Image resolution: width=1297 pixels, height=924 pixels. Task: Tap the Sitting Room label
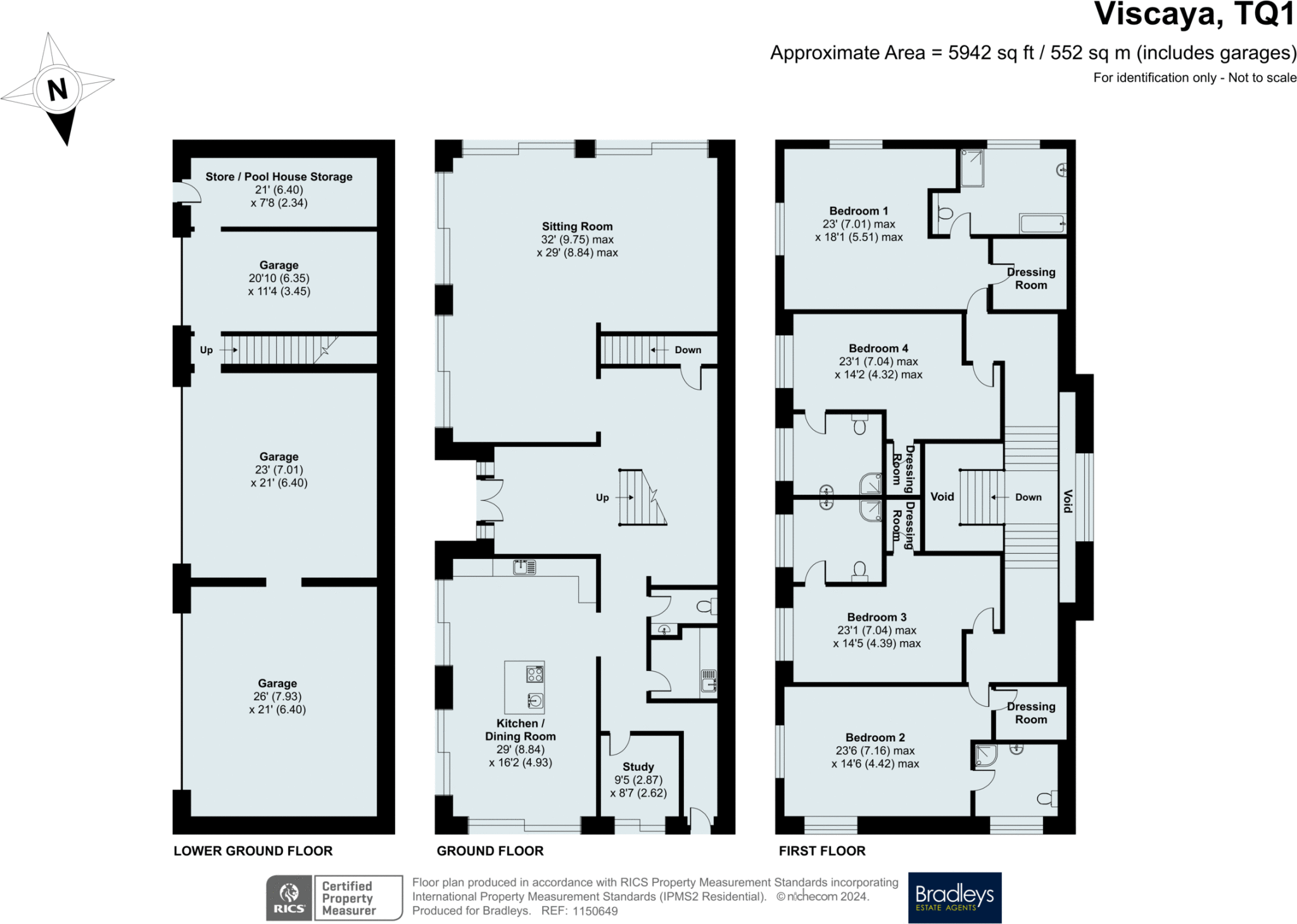pos(577,227)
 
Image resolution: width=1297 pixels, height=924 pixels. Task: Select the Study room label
pos(638,767)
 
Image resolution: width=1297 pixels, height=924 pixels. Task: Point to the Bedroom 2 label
pos(875,738)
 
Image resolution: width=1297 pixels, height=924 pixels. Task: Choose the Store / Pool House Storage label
pos(279,177)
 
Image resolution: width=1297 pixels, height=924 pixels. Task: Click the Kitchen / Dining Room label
pos(520,730)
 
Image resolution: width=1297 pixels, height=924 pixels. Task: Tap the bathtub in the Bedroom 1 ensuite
pos(1042,223)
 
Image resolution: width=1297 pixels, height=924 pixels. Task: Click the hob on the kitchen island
pos(535,675)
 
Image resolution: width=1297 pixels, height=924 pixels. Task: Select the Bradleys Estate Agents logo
pos(954,897)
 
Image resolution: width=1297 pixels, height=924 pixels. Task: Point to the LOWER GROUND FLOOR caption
pos(253,851)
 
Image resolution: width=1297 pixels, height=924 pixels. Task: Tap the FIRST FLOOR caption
pos(821,851)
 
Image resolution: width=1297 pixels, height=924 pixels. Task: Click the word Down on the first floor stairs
pos(1028,497)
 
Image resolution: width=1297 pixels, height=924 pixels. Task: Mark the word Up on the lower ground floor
pos(206,350)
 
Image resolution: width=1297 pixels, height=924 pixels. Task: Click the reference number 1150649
pos(595,911)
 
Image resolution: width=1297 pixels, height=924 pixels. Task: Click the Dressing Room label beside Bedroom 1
pos(1030,278)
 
